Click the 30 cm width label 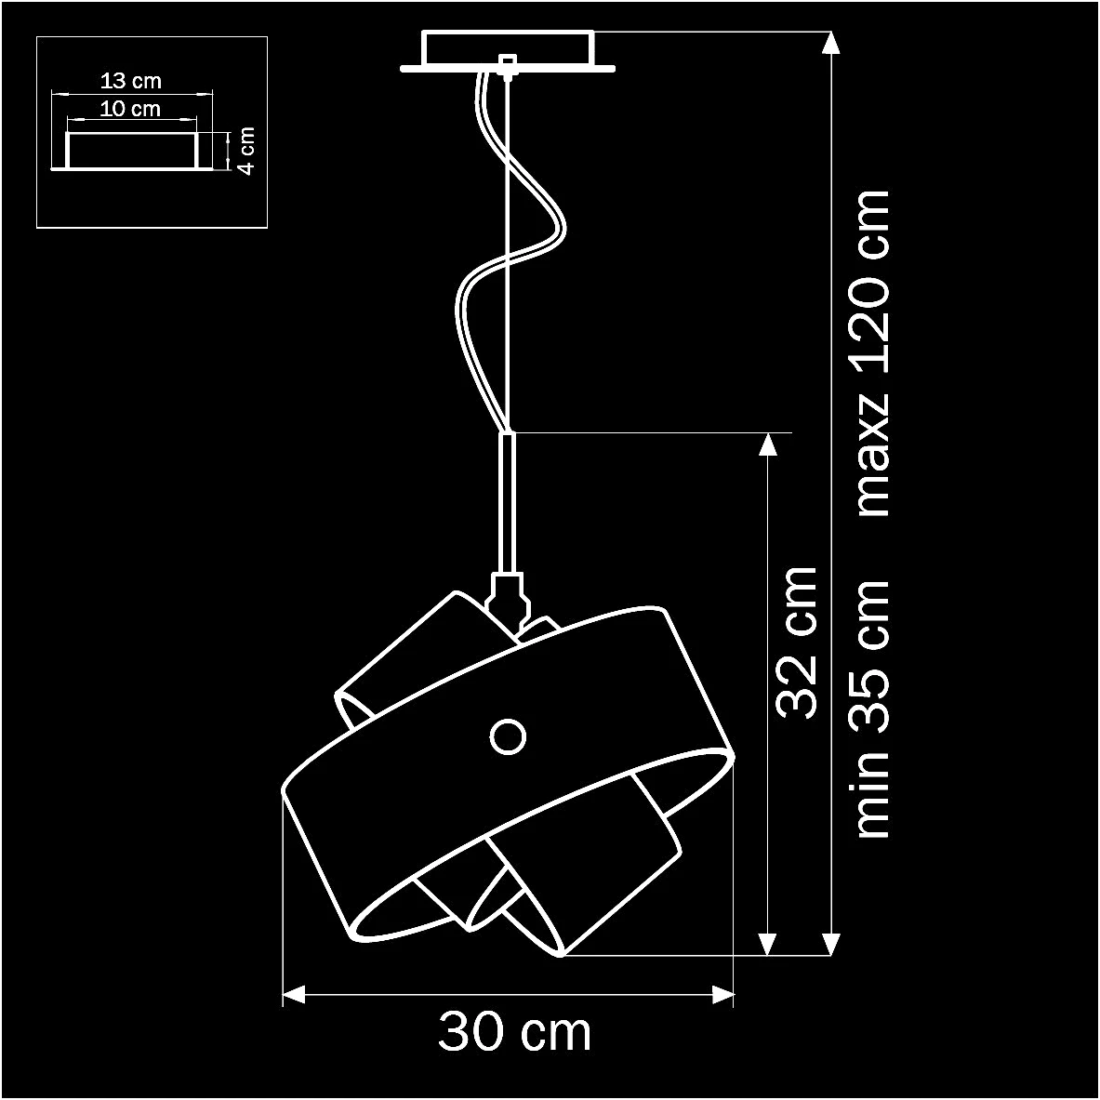point(515,1031)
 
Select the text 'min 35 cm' point(872,709)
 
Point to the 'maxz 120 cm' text point(872,353)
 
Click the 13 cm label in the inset point(130,81)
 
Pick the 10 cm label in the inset point(130,109)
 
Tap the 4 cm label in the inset point(246,151)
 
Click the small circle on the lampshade point(508,736)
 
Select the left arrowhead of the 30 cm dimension point(294,995)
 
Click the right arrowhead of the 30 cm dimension point(722,995)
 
